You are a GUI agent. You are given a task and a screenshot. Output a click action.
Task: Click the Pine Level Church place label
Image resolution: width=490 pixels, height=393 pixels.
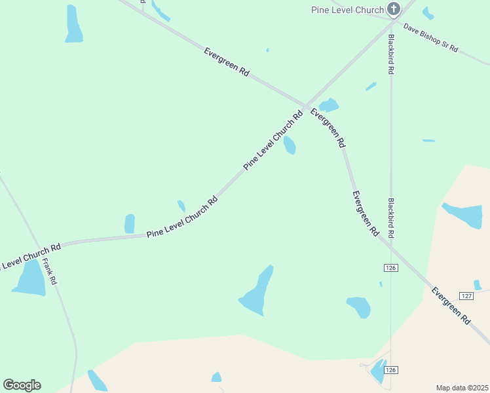click(347, 10)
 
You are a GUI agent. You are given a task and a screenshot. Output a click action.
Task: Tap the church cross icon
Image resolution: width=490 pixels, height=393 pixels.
click(393, 9)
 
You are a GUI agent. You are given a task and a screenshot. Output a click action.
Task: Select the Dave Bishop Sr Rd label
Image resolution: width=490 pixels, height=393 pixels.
click(430, 39)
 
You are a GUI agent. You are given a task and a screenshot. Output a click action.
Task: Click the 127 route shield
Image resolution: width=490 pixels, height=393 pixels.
click(466, 296)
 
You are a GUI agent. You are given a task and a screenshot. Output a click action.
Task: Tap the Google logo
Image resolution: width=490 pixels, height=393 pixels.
click(22, 385)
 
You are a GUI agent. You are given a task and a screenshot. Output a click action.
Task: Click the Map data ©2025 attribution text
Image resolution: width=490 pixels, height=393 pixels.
click(462, 388)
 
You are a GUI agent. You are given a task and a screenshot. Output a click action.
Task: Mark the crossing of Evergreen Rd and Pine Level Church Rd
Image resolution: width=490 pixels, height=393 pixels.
click(305, 106)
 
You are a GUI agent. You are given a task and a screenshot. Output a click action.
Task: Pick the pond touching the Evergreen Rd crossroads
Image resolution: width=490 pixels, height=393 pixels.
click(328, 105)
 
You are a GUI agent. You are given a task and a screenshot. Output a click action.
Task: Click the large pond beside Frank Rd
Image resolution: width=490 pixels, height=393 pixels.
click(30, 278)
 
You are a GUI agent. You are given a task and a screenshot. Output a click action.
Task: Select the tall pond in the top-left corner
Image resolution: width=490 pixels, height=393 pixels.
click(73, 24)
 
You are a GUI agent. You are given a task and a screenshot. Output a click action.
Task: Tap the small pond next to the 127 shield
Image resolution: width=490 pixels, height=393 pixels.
click(478, 285)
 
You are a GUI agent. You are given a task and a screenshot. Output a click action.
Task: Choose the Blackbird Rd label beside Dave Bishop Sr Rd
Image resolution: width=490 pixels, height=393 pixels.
click(390, 54)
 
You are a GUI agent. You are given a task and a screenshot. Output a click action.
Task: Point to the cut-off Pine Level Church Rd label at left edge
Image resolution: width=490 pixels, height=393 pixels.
click(30, 256)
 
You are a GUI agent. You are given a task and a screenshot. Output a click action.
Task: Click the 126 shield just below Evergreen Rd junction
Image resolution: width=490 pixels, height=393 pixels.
click(391, 268)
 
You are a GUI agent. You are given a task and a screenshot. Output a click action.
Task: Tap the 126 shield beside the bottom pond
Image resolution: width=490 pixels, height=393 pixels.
click(391, 370)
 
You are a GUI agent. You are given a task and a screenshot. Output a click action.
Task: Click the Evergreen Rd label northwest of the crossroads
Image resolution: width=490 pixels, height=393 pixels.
click(227, 63)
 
